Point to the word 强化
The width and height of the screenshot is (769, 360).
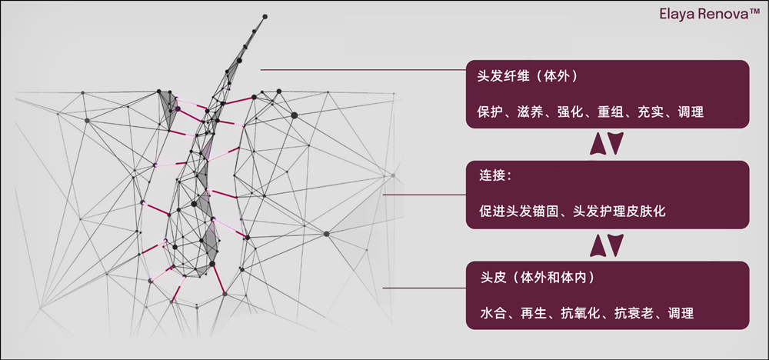571,112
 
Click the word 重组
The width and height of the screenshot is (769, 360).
611,112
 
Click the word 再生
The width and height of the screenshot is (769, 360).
530,314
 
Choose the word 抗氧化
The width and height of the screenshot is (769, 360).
577,314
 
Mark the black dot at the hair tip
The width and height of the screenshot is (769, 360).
265,16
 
